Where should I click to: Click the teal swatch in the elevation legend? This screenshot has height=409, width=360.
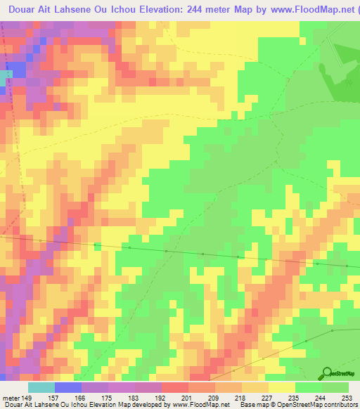click(41, 387)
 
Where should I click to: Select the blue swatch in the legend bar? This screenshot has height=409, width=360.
click(67, 387)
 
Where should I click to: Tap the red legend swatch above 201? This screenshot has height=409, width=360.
click(174, 387)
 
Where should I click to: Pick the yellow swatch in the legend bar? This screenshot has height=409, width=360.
click(281, 387)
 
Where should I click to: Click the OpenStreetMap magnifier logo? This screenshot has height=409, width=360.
click(327, 372)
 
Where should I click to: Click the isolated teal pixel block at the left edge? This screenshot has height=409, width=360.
click(6, 72)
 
